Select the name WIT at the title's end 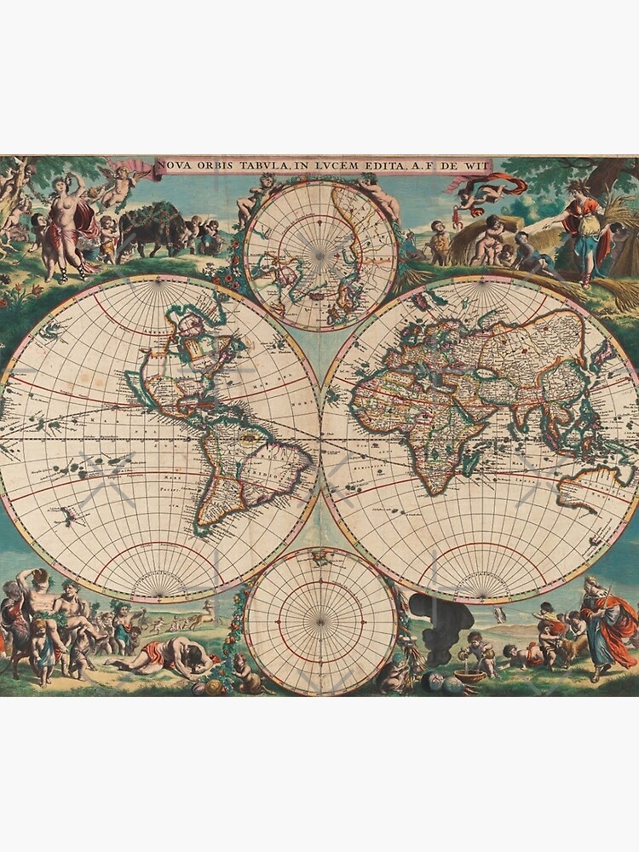coord(469,165)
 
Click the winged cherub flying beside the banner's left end coord(119,183)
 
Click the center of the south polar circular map coord(320,621)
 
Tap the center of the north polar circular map coord(320,255)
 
